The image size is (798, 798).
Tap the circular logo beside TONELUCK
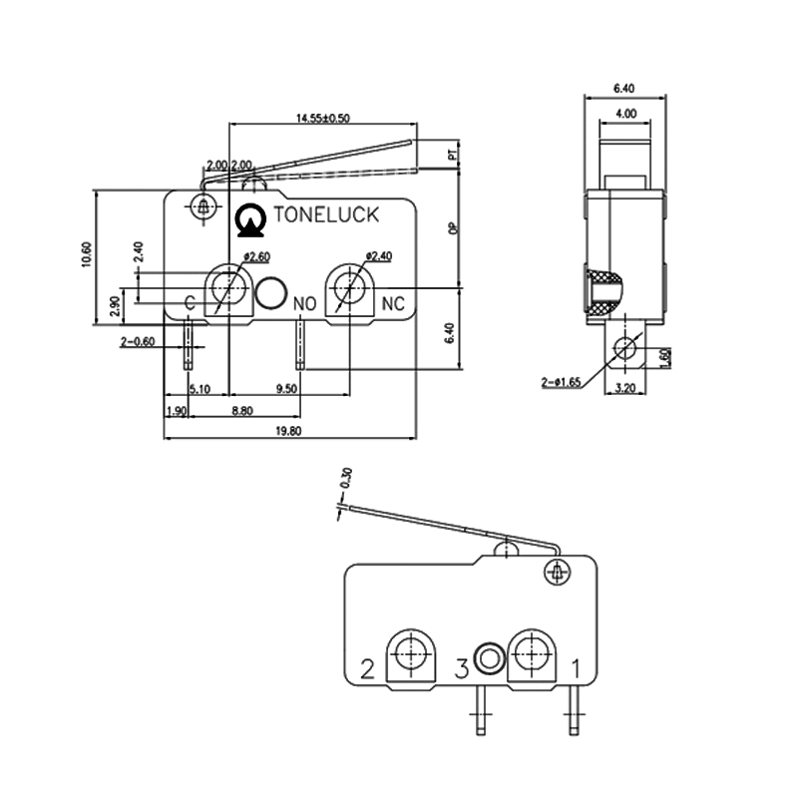pyautogui.click(x=248, y=220)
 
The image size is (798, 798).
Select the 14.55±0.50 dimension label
pyautogui.click(x=322, y=118)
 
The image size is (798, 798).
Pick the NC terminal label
pyautogui.click(x=393, y=302)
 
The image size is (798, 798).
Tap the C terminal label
pyautogui.click(x=189, y=302)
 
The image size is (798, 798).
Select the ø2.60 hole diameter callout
pyautogui.click(x=256, y=257)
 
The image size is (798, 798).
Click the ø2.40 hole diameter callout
pyautogui.click(x=378, y=256)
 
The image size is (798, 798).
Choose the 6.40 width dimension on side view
pyautogui.click(x=625, y=88)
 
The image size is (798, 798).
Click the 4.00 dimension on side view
pyautogui.click(x=625, y=115)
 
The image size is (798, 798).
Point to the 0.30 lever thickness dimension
pyautogui.click(x=347, y=478)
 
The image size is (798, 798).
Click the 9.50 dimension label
pyautogui.click(x=286, y=389)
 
